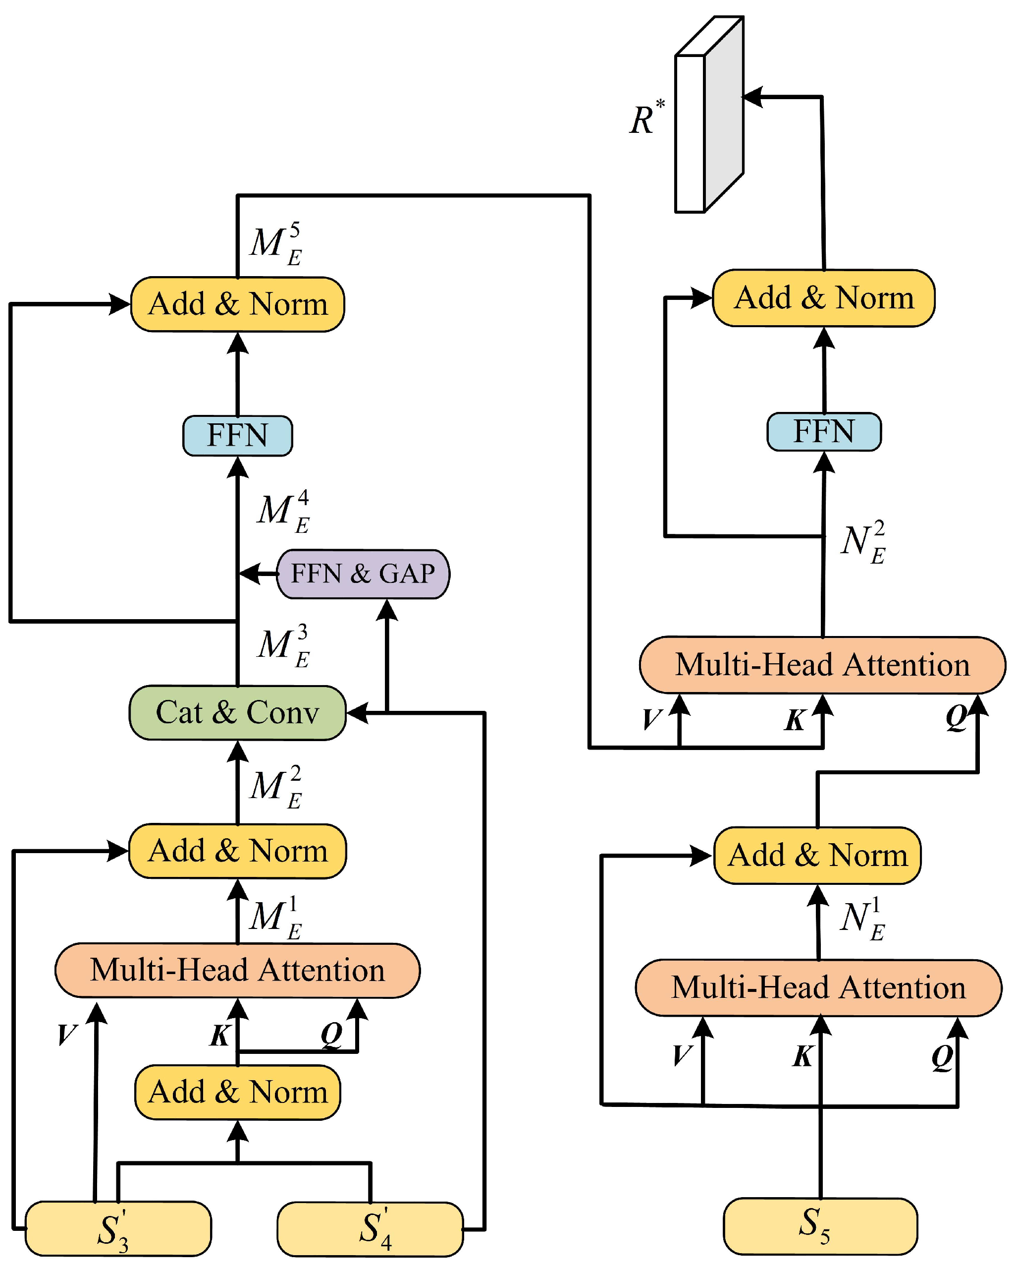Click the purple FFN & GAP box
click(363, 574)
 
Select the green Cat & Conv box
click(238, 713)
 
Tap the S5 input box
click(820, 1226)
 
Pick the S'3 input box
click(118, 1229)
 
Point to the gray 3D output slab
click(709, 115)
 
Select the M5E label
click(276, 244)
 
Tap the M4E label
click(283, 512)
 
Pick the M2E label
click(276, 787)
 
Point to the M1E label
click(276, 918)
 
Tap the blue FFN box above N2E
click(824, 432)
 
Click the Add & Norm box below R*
click(824, 298)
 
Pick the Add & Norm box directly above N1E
click(817, 856)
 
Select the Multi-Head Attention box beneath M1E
click(238, 971)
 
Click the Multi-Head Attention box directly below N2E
click(823, 665)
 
